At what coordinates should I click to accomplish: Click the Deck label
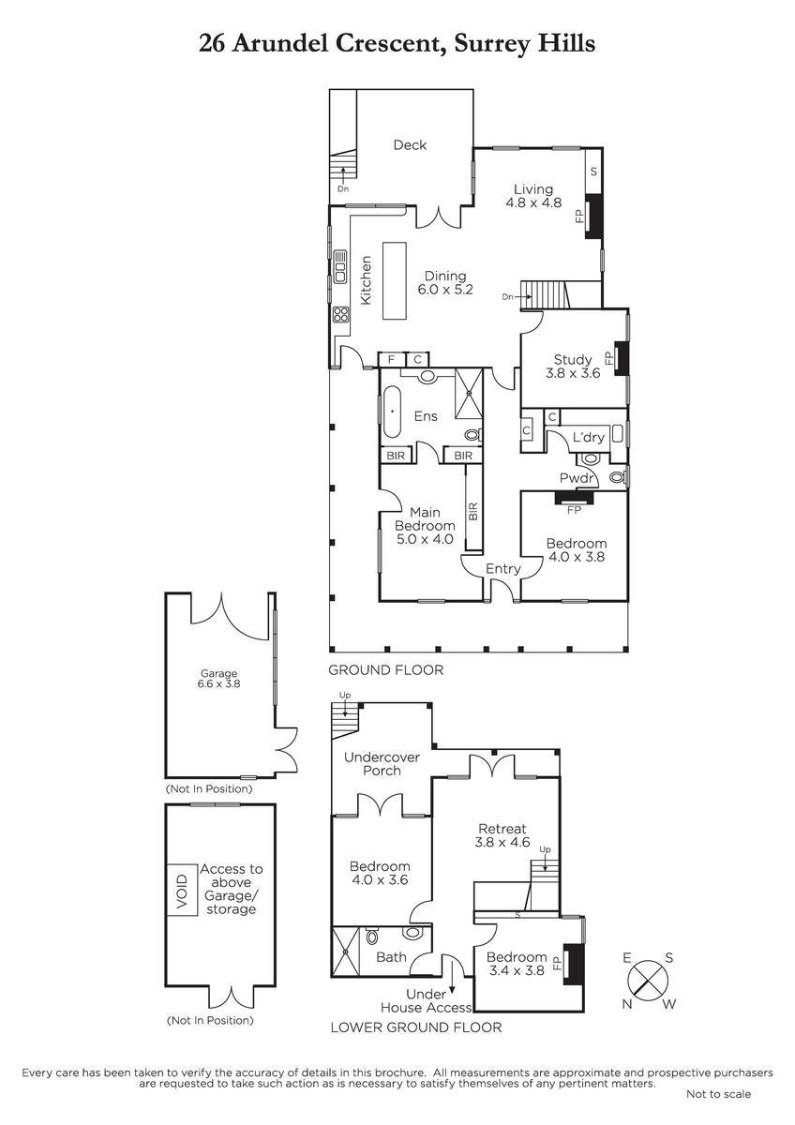coord(410,145)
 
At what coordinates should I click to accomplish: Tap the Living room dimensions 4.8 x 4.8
coord(533,202)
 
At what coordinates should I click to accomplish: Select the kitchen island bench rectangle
coord(395,280)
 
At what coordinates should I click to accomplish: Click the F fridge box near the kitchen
coord(391,360)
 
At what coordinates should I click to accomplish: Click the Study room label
coord(573,360)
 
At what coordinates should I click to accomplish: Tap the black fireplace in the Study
coord(622,358)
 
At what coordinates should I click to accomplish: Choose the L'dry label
coord(589,437)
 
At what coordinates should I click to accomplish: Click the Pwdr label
coord(577,477)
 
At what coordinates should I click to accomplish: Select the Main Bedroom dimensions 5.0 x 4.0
coord(425,539)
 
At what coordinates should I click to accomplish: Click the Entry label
coord(502,568)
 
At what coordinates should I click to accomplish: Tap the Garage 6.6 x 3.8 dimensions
coord(219,683)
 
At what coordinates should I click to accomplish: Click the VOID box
coord(182,890)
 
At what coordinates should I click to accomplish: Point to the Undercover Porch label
coord(382,764)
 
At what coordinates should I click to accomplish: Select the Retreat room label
coord(502,829)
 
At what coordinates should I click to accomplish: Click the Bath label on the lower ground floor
coord(391,957)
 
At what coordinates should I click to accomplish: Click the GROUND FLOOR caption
coord(385,670)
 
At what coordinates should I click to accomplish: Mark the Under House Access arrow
coord(452,976)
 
